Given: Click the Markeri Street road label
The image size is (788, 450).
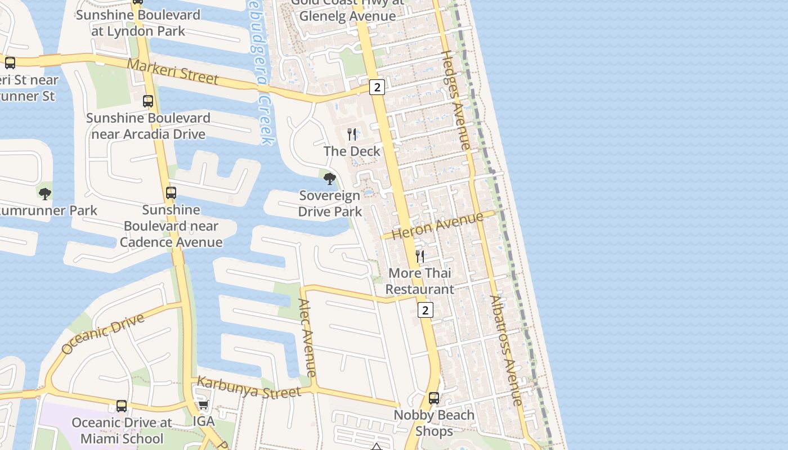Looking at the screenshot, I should pyautogui.click(x=172, y=71).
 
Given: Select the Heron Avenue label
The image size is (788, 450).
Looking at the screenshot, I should pyautogui.click(x=437, y=225).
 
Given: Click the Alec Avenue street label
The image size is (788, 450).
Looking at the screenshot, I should pyautogui.click(x=307, y=337).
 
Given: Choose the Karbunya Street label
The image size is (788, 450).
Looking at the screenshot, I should pyautogui.click(x=249, y=388).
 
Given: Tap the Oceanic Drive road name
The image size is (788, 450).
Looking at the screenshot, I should pyautogui.click(x=102, y=334).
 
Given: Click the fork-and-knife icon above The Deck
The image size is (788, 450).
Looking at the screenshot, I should pyautogui.click(x=352, y=134).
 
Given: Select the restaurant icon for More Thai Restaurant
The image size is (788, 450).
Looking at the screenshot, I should pyautogui.click(x=420, y=256).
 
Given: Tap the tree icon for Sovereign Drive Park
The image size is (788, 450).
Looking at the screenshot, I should pyautogui.click(x=330, y=179).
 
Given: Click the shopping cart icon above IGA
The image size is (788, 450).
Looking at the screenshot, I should pyautogui.click(x=204, y=405).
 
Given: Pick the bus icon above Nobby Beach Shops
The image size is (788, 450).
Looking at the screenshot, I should pyautogui.click(x=434, y=398).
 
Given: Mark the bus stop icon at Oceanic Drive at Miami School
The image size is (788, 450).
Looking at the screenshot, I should pyautogui.click(x=122, y=406).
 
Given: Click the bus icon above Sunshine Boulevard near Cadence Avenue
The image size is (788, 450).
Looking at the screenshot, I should pyautogui.click(x=171, y=193).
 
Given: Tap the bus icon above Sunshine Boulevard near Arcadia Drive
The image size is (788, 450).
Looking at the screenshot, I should pyautogui.click(x=148, y=101).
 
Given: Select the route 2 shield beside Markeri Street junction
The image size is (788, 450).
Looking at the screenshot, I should pyautogui.click(x=377, y=87).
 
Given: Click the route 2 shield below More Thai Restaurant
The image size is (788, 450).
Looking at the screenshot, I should pyautogui.click(x=426, y=310).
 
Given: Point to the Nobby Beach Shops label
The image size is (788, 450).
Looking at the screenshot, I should pyautogui.click(x=434, y=423).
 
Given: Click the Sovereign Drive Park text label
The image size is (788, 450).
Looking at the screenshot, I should pyautogui.click(x=330, y=204).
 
